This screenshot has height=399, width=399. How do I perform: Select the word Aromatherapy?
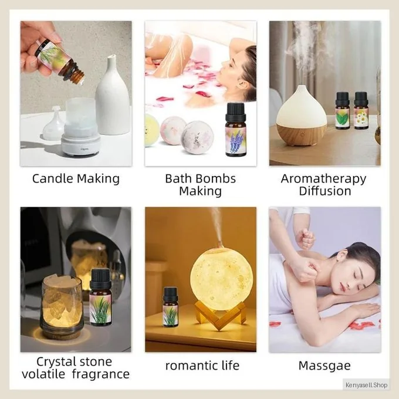323,180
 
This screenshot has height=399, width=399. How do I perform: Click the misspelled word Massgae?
324,366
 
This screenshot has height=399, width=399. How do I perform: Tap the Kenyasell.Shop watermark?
366,385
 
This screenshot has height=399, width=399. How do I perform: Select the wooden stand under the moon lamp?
219,315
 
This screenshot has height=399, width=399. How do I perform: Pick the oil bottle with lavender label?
236,130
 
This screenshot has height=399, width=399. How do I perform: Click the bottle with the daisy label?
361,110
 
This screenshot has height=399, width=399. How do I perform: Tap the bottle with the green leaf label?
342,110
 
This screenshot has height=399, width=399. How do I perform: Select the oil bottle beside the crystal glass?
100,297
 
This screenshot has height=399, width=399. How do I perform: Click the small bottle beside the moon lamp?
170,307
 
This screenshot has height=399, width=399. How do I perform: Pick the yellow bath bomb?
150,130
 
